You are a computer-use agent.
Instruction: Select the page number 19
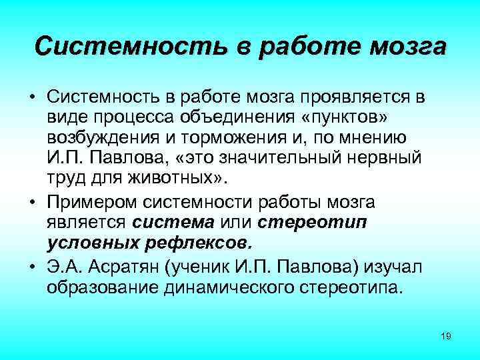pyautogui.click(x=446, y=335)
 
